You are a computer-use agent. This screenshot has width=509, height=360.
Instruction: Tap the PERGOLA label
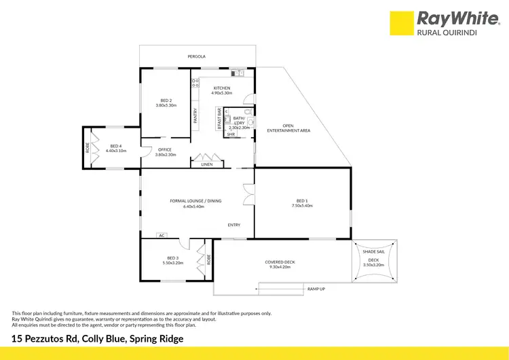(x=197, y=56)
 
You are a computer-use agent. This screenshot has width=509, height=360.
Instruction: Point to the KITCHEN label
(x=222, y=88)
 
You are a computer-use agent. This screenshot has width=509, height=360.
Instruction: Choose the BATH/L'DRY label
(x=239, y=121)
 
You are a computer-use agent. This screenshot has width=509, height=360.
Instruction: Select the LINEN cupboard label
(x=207, y=164)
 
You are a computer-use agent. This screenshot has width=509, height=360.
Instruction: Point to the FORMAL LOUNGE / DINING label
(x=195, y=201)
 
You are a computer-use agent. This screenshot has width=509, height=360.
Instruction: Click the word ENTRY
(x=234, y=225)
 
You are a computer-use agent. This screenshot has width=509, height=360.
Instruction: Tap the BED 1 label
(x=303, y=201)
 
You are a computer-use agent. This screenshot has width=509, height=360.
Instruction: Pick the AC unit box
(x=162, y=235)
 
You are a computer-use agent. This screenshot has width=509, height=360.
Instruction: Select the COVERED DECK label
(x=280, y=262)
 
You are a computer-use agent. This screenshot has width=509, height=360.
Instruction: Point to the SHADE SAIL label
(x=374, y=252)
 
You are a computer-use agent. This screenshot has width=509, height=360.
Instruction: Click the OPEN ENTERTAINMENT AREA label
(x=288, y=127)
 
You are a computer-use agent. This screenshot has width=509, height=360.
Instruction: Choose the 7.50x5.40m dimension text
(x=303, y=206)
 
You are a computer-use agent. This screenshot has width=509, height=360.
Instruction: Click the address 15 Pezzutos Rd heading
(x=98, y=338)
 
